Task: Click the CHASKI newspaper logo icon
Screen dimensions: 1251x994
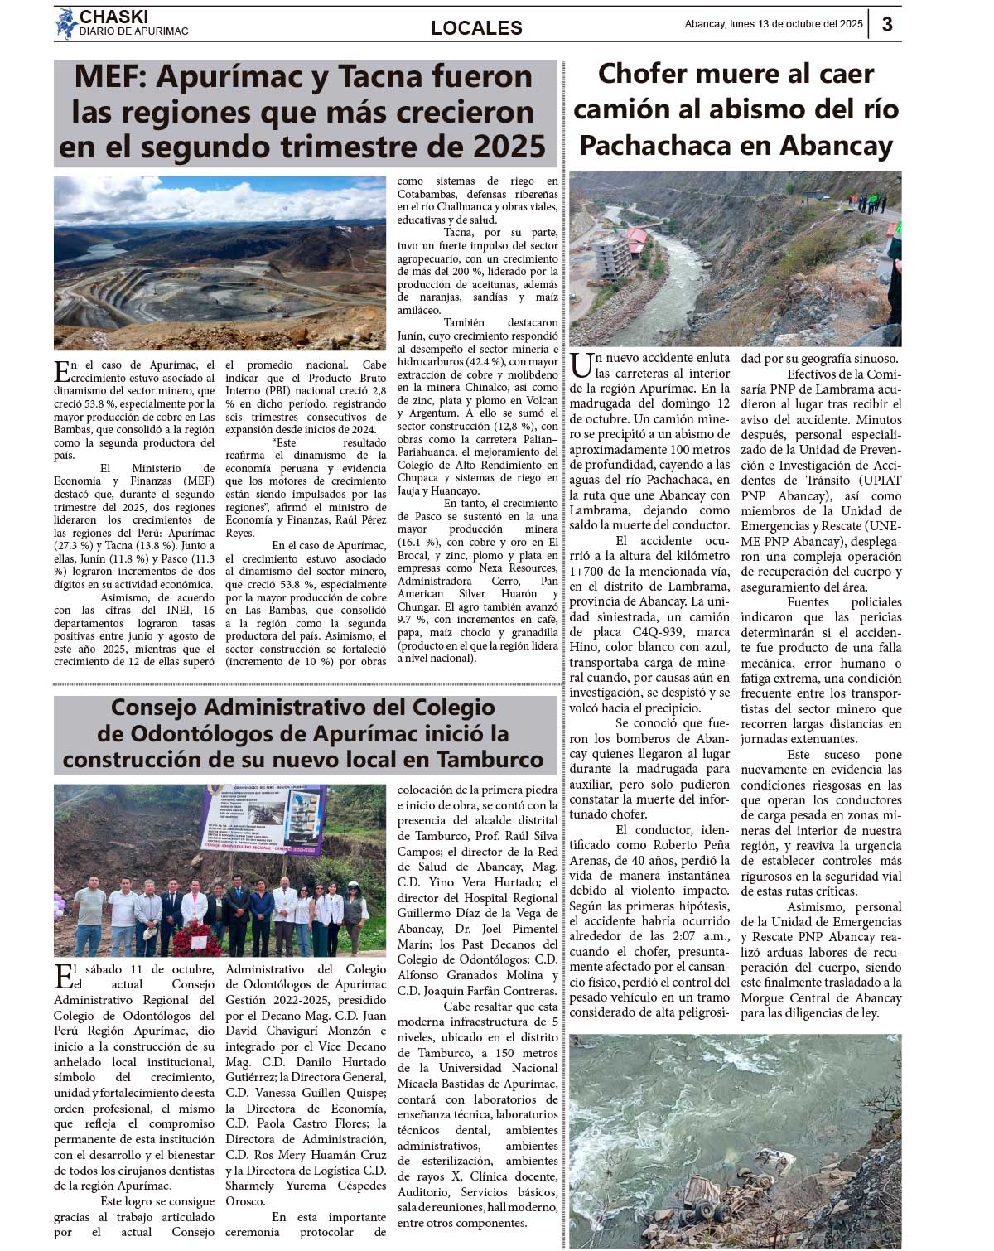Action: click(65, 23)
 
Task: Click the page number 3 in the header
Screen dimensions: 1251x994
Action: click(887, 24)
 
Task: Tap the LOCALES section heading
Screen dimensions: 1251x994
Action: click(476, 28)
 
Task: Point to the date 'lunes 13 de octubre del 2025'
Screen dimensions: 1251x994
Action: click(796, 24)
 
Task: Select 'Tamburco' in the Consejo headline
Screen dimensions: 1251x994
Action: click(490, 760)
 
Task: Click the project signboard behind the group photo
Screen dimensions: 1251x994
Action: click(263, 819)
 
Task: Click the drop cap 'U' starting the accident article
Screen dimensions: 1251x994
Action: click(581, 365)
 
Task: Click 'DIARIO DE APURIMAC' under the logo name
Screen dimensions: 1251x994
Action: click(133, 31)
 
